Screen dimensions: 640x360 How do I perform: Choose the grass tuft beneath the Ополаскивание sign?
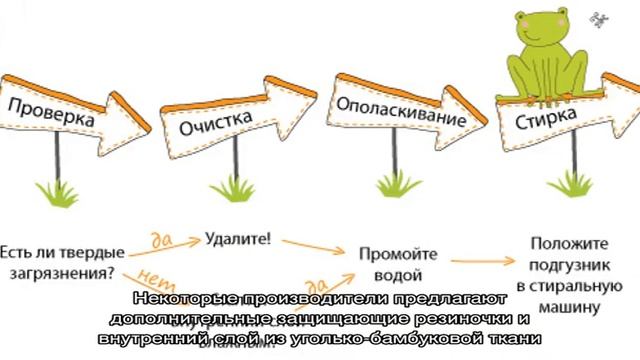click(x=388, y=186)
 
